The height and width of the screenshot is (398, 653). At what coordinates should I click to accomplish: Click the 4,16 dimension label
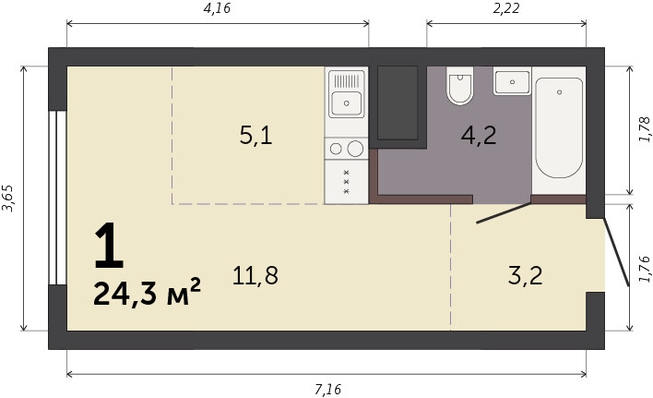point(217,8)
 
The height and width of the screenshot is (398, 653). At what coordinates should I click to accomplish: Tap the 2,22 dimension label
point(506,8)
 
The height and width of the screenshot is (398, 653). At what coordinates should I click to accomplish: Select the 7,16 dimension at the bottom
point(327,390)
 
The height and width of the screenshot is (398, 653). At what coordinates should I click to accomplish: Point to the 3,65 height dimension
point(8,198)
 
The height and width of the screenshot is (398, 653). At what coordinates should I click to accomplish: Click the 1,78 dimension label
point(644,129)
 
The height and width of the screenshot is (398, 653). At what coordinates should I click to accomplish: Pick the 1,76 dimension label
point(644,270)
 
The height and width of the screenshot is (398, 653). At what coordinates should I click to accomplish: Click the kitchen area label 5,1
point(255,136)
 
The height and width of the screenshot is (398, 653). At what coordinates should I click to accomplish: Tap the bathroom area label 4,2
point(479,136)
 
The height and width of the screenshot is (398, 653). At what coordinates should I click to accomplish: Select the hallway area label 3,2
point(525,275)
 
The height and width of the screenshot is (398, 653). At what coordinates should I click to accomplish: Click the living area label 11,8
point(255,275)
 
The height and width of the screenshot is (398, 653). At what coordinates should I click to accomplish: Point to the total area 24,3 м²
point(147,293)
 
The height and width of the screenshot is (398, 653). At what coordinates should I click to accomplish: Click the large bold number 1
point(109,245)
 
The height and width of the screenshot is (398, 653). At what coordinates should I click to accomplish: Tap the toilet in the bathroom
point(459,86)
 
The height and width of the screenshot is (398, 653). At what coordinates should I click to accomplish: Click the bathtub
point(559,128)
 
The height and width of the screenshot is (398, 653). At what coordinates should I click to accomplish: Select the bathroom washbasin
point(512,81)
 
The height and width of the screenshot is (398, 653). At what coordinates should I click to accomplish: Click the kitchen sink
point(347,103)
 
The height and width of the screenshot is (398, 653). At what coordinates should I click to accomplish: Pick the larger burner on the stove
point(355,149)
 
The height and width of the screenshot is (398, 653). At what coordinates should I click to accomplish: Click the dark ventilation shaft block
point(398,103)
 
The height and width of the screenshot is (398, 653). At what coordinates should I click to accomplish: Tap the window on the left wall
point(57,198)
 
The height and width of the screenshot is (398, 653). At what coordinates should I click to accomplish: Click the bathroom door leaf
point(504,213)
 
